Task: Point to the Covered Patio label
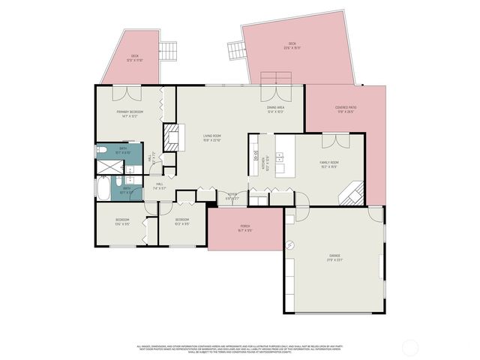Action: (x=345, y=109)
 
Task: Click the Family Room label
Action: (x=329, y=164)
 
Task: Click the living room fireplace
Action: (x=173, y=138)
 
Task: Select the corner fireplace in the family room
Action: (x=351, y=196)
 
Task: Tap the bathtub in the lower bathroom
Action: (x=103, y=188)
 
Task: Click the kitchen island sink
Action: (x=280, y=157)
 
